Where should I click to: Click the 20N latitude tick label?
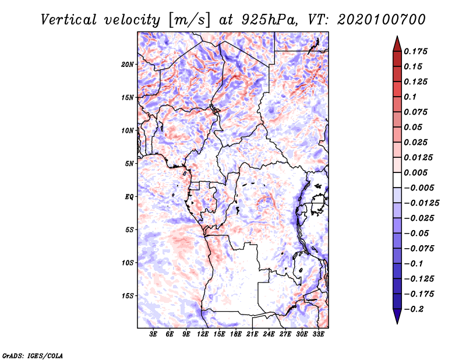point(128,65)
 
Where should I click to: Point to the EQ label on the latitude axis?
point(129,197)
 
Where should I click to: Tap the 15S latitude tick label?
point(128,296)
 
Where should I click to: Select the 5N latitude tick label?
point(129,164)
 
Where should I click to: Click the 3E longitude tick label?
point(153,334)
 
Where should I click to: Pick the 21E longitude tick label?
point(252,334)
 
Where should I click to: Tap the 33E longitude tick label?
point(318,334)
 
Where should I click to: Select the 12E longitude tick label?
point(202,334)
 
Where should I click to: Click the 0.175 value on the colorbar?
point(415,51)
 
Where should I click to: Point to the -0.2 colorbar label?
point(414,309)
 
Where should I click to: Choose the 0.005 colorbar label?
point(415,172)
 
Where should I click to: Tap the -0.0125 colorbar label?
point(421,203)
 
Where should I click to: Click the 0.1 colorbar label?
point(410,97)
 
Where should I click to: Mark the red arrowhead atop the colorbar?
point(397,44)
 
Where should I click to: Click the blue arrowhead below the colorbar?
point(397,316)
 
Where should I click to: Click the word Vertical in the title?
point(69,20)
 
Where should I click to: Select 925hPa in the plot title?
point(269,20)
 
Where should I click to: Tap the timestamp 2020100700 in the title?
point(382,20)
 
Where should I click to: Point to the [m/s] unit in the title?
point(189,20)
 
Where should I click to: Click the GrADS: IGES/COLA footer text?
point(33,355)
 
